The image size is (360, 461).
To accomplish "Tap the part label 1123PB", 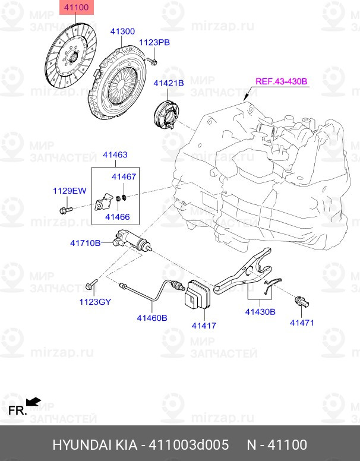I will click(x=154, y=42).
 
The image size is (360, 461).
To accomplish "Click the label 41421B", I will click(x=169, y=83).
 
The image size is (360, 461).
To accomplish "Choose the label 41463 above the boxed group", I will click(x=115, y=155).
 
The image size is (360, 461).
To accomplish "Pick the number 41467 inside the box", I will click(x=124, y=177).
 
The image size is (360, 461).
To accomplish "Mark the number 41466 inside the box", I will click(x=117, y=217).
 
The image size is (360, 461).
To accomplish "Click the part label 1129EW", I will click(x=70, y=191).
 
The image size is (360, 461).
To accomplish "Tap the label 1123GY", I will click(x=96, y=301).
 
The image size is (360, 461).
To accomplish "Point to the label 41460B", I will click(x=152, y=318).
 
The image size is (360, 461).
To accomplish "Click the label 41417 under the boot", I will click(x=203, y=325).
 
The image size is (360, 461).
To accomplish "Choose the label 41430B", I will click(x=260, y=311).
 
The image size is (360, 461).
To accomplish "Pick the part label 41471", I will click(x=302, y=323).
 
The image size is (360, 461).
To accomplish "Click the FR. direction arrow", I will click(x=34, y=402).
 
